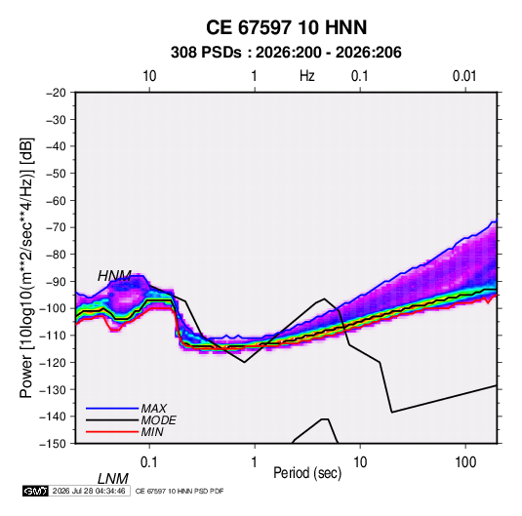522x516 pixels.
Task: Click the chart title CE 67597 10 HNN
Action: point(286,27)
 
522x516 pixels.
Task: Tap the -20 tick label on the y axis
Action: point(56,93)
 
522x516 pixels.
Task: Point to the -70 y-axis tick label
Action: point(56,227)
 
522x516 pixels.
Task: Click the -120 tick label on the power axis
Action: point(53,362)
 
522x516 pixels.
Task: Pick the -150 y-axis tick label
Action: point(53,444)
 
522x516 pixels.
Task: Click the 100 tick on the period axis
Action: point(465,462)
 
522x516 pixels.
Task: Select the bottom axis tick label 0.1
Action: point(149,462)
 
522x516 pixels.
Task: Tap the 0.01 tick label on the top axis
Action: point(464,76)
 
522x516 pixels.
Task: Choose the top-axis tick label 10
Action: point(149,76)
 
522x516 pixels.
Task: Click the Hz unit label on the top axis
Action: point(307,76)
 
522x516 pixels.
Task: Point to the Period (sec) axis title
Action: point(307,473)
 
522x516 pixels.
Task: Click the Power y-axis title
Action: point(26,267)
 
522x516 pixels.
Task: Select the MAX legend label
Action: point(154,408)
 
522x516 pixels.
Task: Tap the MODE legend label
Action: point(158,420)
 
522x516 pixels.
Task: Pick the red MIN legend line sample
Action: point(112,432)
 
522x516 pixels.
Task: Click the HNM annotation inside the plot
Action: point(114,276)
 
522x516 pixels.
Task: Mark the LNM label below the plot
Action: point(113,479)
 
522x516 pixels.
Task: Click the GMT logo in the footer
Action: point(36,491)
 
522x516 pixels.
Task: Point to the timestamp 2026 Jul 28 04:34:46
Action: point(89,491)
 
